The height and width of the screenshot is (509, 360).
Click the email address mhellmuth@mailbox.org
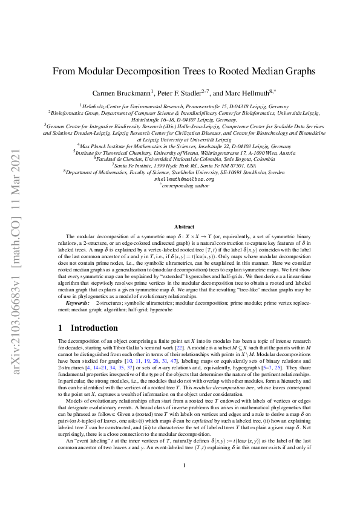tap(184, 179)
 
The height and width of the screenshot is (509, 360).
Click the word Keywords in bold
tap(78, 293)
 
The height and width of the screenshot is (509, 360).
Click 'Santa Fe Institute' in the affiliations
tap(139, 164)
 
